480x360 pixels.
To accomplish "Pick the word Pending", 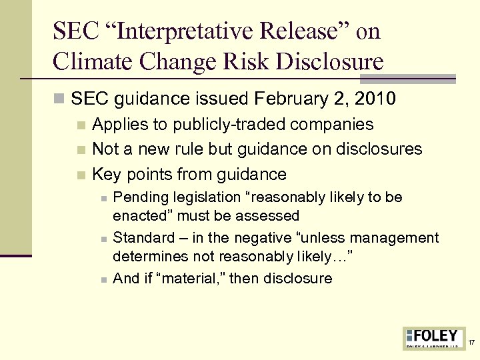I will click(141, 197).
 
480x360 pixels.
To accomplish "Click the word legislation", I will click(207, 197).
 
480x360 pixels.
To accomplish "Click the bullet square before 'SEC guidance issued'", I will click(59, 99).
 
